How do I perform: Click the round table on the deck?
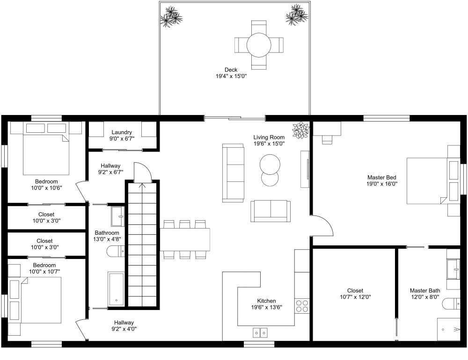pos(259,45)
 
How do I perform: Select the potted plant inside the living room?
pos(300,130)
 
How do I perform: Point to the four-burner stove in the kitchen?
pos(302,306)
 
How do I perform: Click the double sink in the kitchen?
pos(260,333)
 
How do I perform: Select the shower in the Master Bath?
pos(448,330)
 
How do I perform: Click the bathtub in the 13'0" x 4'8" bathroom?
pos(116,288)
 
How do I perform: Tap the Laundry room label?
pos(122,132)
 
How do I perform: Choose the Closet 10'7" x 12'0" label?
pos(355,291)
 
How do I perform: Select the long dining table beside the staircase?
pos(185,239)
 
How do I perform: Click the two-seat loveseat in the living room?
pos(271,210)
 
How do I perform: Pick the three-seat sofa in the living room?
pos(233,173)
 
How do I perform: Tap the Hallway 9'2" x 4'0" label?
pos(124,323)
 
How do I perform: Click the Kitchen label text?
pos(266,301)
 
